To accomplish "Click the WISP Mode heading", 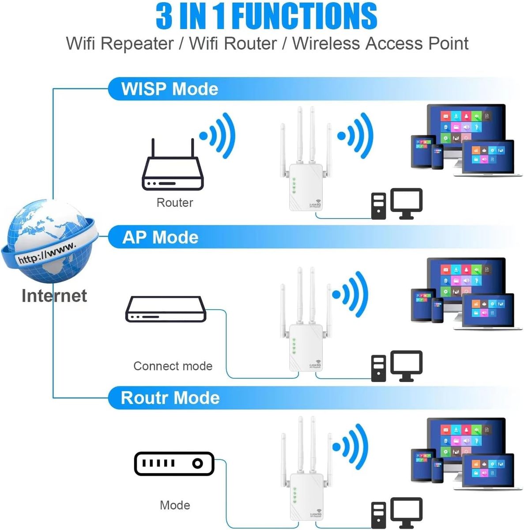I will click(x=170, y=89).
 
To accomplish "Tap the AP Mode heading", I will click(x=160, y=238).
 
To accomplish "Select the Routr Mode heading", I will click(x=170, y=398).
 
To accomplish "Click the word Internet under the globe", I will click(x=54, y=295).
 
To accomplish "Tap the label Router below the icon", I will click(x=175, y=203).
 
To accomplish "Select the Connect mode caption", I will click(x=173, y=366).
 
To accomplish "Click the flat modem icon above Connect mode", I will click(x=166, y=309).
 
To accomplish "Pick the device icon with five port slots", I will click(x=174, y=463).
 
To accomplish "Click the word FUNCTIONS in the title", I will click(x=304, y=16).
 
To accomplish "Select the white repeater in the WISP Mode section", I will click(x=305, y=177).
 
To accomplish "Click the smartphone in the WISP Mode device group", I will click(x=437, y=156).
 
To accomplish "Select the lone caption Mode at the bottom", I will click(x=175, y=505).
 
